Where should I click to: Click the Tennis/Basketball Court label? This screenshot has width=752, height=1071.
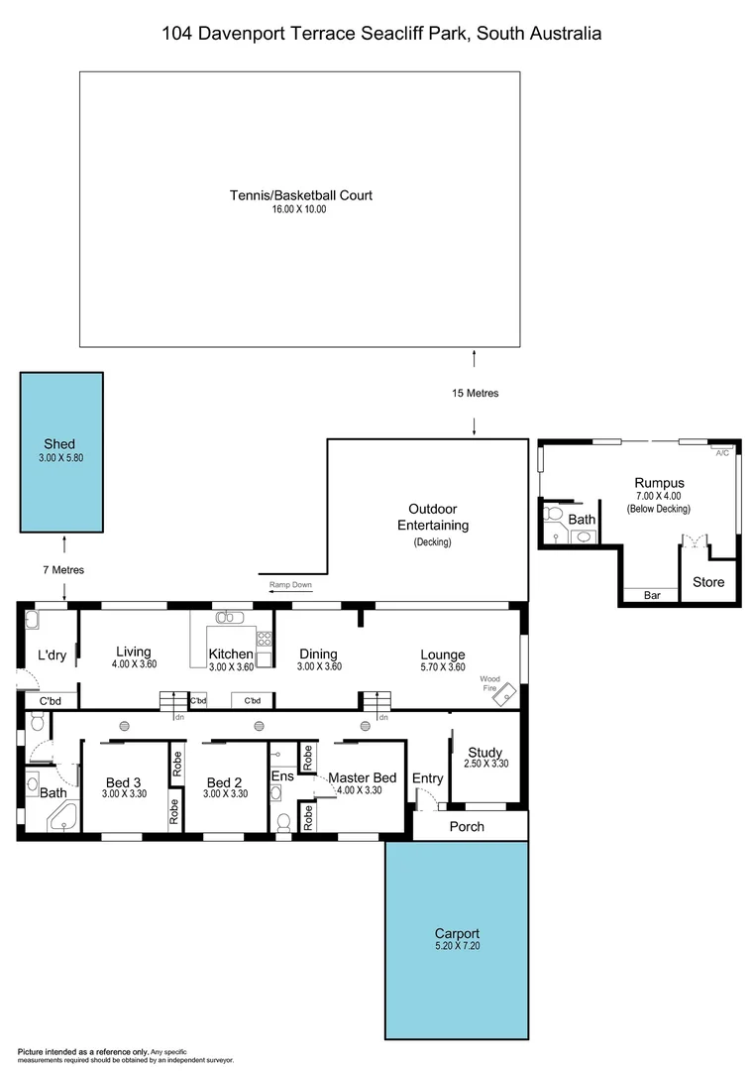300,195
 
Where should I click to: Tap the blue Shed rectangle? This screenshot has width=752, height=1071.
59,451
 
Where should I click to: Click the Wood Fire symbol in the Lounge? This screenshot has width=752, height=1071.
505,694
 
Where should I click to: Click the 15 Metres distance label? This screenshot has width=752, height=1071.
475,394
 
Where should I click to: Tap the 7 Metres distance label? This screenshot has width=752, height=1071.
62,570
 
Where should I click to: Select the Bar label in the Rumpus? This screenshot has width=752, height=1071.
651,595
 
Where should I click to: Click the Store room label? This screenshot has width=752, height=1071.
708,582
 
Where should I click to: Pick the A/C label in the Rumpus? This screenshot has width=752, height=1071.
721,453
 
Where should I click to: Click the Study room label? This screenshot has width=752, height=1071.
484,753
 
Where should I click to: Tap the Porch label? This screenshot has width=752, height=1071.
467,826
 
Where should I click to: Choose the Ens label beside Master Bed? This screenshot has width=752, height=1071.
282,775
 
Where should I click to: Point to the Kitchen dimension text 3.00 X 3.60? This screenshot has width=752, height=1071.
231,667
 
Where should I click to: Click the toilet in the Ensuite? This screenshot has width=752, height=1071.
283,823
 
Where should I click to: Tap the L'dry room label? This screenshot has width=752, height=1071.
52,655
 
